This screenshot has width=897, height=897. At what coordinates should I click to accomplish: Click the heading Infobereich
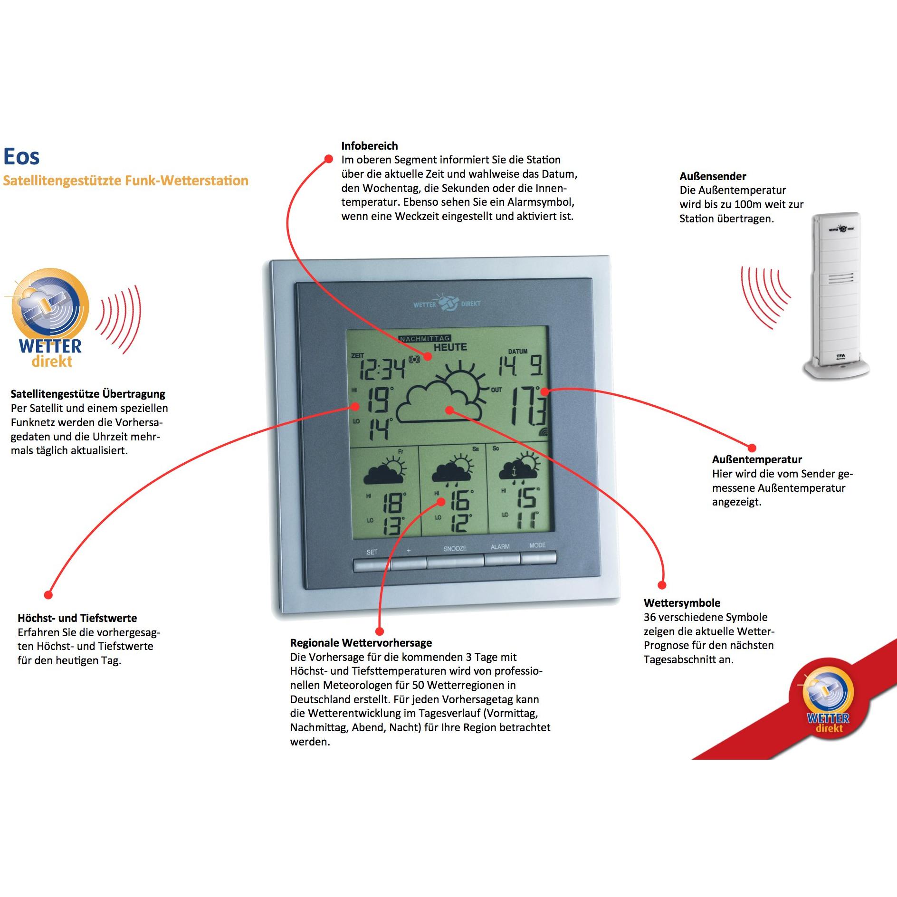[x=369, y=146]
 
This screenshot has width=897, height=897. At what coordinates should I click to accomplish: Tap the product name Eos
[x=21, y=156]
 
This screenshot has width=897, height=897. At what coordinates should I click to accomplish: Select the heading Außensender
[x=712, y=176]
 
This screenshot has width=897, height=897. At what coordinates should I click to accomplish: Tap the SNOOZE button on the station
[x=455, y=562]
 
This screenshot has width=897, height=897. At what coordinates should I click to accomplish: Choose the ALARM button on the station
[x=502, y=559]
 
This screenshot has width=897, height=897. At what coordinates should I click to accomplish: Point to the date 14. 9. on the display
[x=520, y=366]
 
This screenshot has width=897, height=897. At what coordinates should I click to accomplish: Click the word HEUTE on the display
[x=450, y=347]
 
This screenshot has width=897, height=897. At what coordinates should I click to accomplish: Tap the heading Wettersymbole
[x=681, y=603]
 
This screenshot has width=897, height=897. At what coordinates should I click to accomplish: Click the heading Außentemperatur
[x=756, y=459]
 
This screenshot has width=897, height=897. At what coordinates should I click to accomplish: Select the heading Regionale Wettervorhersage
[x=361, y=643]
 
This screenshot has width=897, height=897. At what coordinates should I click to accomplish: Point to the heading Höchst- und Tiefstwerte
[x=77, y=618]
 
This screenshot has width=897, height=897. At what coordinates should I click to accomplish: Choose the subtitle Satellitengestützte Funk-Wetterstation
[x=125, y=181]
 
